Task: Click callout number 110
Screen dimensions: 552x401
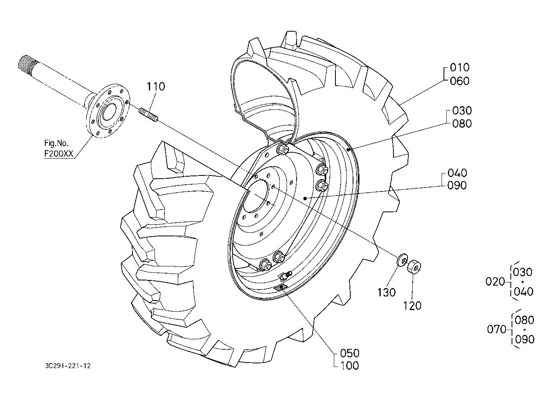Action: [156, 87]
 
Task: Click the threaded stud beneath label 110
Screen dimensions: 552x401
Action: [149, 115]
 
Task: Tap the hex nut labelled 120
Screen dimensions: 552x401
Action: [414, 266]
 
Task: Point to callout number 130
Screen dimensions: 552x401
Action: [386, 292]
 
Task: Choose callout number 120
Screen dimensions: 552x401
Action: [412, 306]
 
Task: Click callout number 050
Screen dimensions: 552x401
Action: [350, 353]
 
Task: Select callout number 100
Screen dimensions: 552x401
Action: [350, 366]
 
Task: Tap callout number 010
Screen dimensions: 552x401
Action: [460, 67]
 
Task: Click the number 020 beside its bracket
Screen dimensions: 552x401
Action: [495, 282]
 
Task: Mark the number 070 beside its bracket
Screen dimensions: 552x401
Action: [497, 329]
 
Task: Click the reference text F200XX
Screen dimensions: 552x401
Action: [59, 154]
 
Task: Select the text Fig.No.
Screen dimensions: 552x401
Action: [56, 143]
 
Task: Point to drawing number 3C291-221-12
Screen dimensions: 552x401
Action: [68, 366]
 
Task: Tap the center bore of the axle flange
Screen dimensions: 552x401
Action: [109, 111]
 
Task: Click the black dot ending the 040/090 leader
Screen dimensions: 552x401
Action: [305, 198]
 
